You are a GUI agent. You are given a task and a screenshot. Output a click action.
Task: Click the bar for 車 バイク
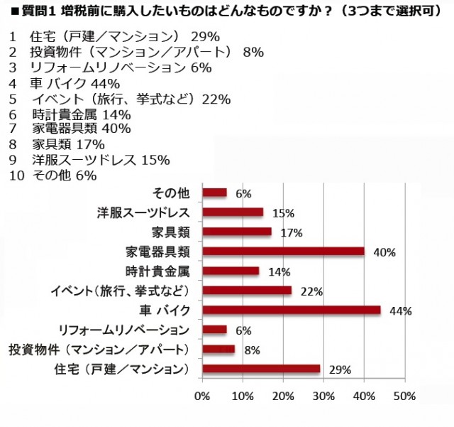tap(292, 310)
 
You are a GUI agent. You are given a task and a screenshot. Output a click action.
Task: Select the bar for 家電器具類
tap(284, 251)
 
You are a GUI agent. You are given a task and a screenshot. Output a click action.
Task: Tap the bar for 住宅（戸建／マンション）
tap(261, 369)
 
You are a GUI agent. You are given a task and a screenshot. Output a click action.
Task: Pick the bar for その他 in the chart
tap(215, 193)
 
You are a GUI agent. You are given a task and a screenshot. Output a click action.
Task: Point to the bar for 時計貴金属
tap(231, 271)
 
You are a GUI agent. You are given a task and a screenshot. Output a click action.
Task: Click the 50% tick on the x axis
tap(404, 396)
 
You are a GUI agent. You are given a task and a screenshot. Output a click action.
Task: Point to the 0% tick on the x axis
tap(203, 396)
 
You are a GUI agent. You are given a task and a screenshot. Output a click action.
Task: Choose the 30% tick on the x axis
tap(323, 396)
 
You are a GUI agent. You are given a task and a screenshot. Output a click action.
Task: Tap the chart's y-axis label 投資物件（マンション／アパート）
tap(99, 350)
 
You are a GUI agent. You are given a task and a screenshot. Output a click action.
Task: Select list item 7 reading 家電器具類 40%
tap(71, 129)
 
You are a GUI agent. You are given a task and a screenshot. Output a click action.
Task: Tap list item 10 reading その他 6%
tap(54, 175)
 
